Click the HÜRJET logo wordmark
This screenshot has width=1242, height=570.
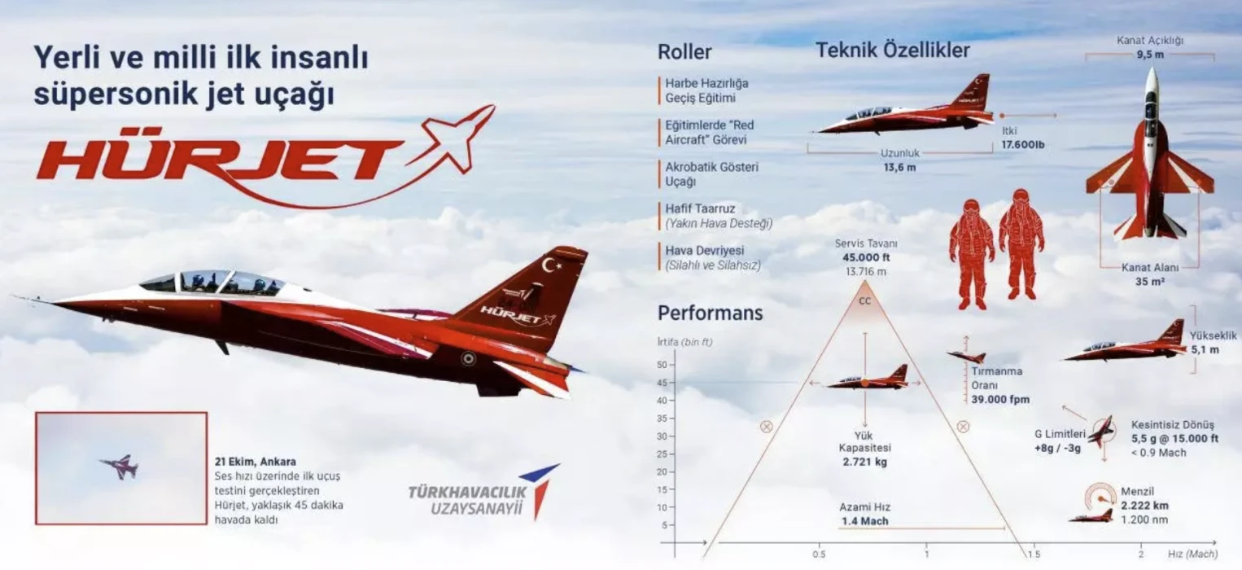pos(220,159)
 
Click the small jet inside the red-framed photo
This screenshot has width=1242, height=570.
pos(120,467)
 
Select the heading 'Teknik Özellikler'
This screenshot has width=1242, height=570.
pos(892,50)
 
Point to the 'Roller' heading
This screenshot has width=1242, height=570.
pos(684,52)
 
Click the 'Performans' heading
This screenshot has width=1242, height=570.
pos(710,313)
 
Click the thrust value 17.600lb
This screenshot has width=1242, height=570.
pos(1022,145)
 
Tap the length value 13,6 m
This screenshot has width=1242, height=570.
pos(899,168)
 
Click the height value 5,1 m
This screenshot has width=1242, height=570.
pos(1205,350)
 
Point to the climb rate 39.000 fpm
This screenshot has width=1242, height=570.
pos(999,399)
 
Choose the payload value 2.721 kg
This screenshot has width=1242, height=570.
pos(864,462)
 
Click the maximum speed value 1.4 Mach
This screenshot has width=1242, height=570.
pos(864,521)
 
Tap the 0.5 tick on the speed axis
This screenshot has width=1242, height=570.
pos(819,555)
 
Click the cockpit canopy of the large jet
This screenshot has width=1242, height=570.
pos(216,282)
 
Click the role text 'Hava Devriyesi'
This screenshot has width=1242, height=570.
pos(705,250)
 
